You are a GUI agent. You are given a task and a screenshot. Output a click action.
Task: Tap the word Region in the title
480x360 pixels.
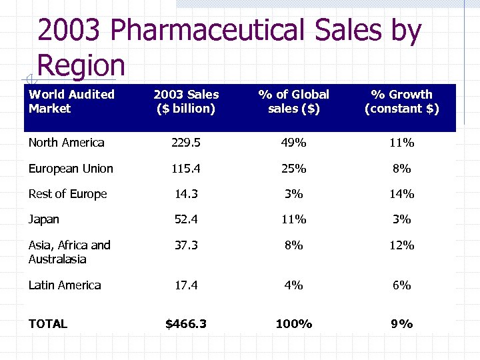(x=81, y=65)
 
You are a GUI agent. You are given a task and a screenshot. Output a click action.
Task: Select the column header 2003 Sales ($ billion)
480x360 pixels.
(x=186, y=101)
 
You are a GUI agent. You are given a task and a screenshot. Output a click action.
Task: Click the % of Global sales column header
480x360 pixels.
(x=293, y=101)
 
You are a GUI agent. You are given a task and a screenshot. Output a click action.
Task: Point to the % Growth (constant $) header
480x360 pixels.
(x=401, y=101)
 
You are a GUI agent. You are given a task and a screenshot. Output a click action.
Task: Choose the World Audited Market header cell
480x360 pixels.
(x=71, y=101)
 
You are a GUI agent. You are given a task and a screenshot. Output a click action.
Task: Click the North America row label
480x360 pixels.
(x=66, y=143)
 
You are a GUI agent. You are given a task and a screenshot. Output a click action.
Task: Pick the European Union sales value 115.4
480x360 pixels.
(x=186, y=169)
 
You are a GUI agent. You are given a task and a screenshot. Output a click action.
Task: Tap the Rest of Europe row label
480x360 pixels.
(x=67, y=194)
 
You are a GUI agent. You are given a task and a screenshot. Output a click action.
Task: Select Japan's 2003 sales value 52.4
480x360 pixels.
(x=186, y=219)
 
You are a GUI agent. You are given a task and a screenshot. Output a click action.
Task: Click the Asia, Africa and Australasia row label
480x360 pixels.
(x=69, y=252)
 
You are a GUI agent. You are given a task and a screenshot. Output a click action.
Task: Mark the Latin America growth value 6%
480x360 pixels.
(x=401, y=285)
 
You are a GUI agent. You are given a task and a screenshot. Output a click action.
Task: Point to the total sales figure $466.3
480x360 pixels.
(x=186, y=324)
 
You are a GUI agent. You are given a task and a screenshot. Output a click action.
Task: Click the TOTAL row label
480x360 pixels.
(x=47, y=324)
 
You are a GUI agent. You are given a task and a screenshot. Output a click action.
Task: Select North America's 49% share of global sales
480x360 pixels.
(x=293, y=143)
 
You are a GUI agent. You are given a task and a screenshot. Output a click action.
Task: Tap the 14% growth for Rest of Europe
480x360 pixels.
(x=401, y=194)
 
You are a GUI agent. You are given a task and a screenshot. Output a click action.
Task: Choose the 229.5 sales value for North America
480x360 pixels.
(x=186, y=143)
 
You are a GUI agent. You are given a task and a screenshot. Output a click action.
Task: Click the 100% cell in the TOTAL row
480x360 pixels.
(x=293, y=324)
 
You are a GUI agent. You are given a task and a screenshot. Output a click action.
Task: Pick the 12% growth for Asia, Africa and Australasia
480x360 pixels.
(x=401, y=245)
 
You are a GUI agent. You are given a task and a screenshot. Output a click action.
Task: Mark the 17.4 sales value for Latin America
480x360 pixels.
(x=186, y=285)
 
